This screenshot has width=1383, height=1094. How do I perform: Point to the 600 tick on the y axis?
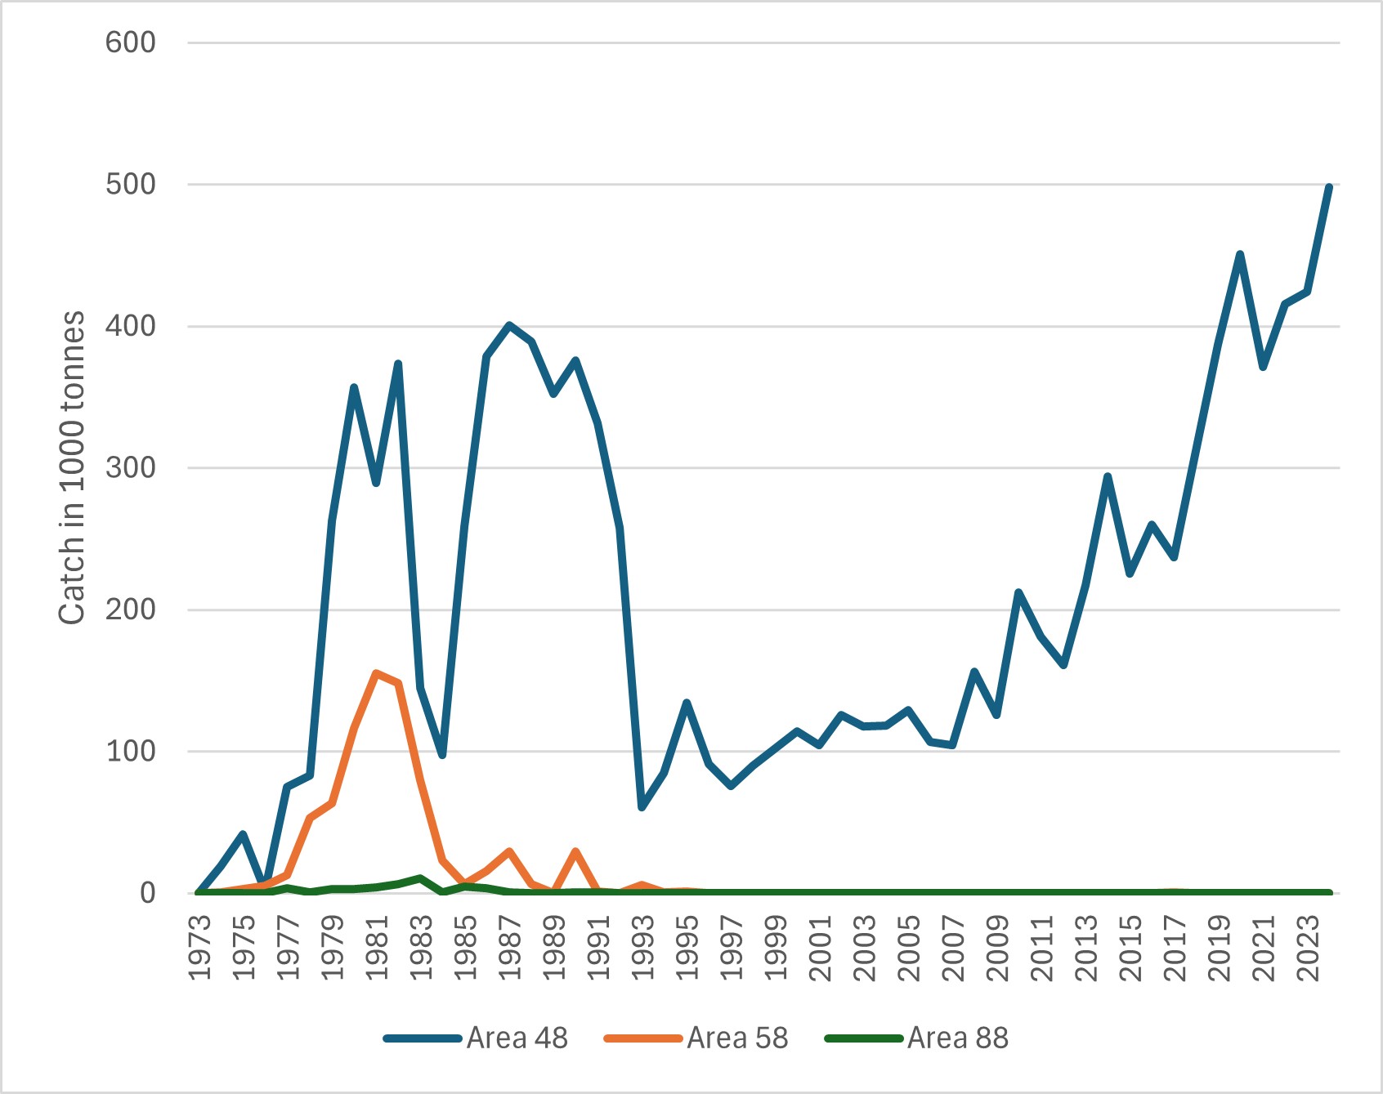(130, 42)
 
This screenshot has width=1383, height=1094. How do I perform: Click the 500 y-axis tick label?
(130, 185)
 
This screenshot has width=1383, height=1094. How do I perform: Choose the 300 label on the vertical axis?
(130, 468)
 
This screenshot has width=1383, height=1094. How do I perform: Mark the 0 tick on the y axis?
(147, 893)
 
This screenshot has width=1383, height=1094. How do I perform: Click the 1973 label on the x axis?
(199, 948)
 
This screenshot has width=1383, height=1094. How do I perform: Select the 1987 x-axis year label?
(509, 948)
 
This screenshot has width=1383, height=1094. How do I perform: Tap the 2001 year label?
(819, 948)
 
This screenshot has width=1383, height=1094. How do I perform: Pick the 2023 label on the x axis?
(1307, 948)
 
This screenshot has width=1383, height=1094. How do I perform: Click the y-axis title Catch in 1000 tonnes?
(72, 468)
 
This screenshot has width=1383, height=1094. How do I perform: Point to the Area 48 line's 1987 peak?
(509, 325)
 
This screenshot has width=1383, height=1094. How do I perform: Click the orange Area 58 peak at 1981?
(376, 673)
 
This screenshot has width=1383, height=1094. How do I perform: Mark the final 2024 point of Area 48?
(1329, 187)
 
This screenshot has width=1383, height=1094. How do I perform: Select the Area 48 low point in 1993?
(642, 807)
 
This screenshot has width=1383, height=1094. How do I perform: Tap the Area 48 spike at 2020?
(1240, 254)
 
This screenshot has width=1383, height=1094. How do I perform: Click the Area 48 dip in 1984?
(442, 755)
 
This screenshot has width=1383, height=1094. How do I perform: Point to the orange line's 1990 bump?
(575, 851)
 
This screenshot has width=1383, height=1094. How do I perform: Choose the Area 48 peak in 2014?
(1108, 476)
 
